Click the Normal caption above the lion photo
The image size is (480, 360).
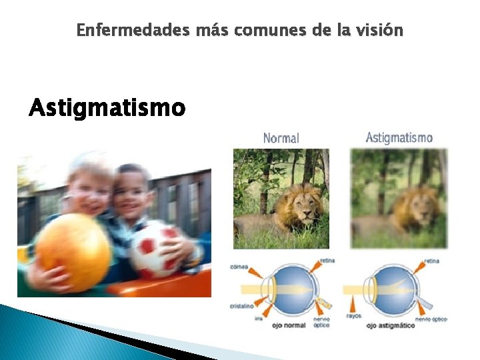pyautogui.click(x=281, y=138)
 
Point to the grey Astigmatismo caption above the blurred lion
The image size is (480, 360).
pyautogui.click(x=399, y=137)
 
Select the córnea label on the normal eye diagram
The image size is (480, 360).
pyautogui.click(x=238, y=267)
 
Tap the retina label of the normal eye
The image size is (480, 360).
pyautogui.click(x=327, y=260)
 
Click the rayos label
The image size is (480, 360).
pyautogui.click(x=354, y=315)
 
